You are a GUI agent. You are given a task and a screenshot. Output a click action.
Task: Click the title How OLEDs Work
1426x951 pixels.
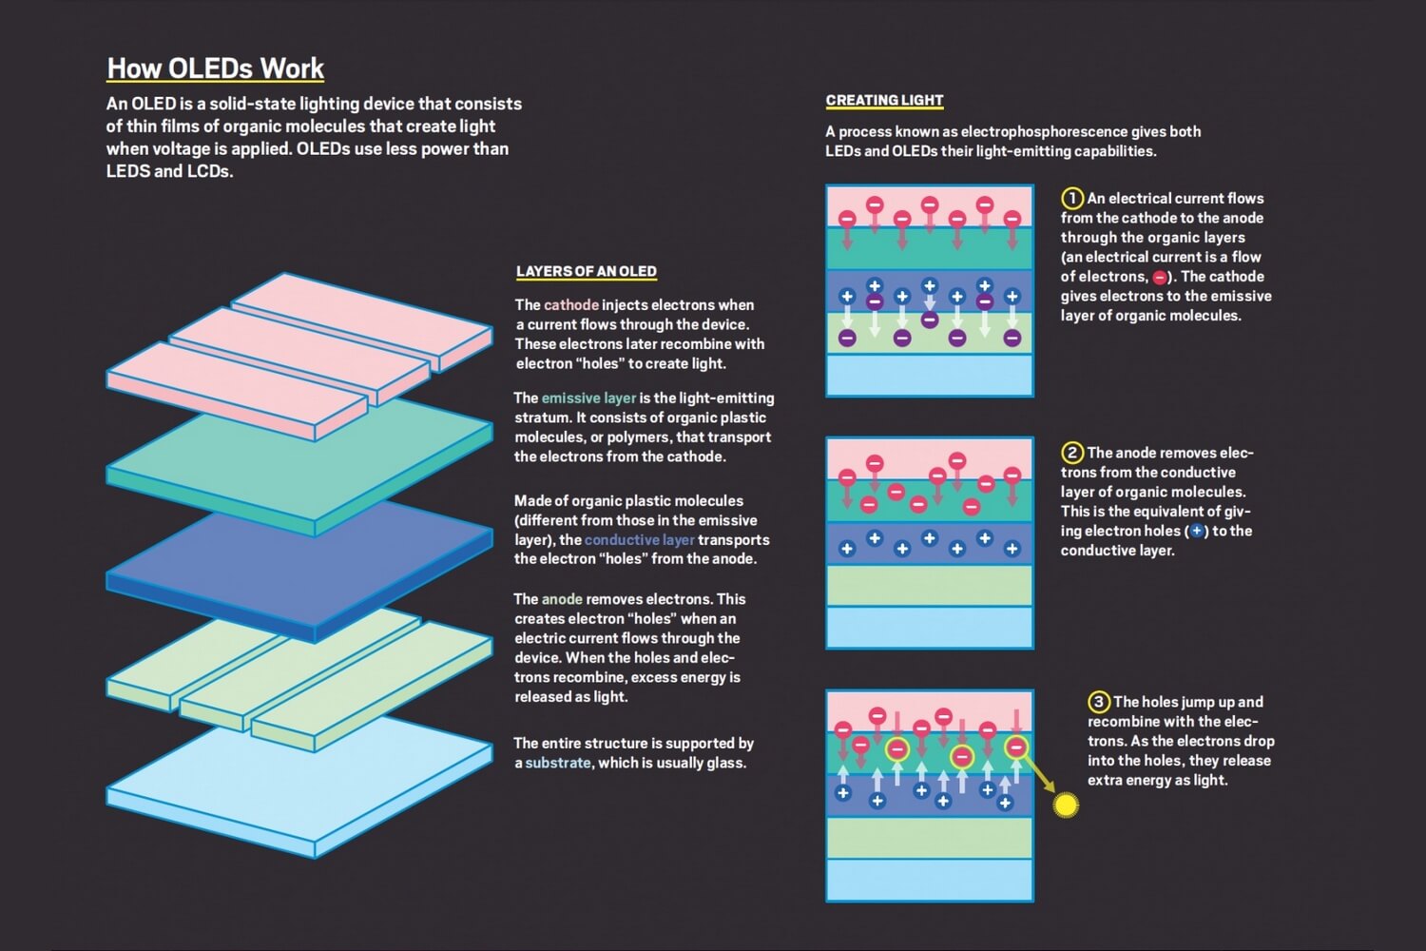click(x=216, y=68)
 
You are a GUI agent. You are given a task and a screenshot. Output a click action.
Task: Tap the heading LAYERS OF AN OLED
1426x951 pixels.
click(x=586, y=271)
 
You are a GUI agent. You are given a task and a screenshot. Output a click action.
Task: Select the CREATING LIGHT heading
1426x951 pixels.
click(x=884, y=100)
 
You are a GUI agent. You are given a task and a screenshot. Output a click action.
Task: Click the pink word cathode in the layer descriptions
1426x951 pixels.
click(x=571, y=305)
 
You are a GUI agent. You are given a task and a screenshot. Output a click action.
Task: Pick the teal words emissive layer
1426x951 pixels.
click(x=588, y=398)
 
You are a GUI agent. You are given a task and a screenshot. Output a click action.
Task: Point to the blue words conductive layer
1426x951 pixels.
click(x=639, y=539)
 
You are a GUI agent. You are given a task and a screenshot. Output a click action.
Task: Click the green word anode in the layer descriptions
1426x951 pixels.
click(x=562, y=599)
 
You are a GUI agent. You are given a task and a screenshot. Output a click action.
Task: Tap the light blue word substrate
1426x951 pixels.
click(x=558, y=763)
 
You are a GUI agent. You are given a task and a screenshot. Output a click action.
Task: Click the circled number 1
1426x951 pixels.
click(x=1072, y=198)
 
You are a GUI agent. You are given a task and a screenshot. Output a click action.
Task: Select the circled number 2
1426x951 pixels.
click(x=1072, y=453)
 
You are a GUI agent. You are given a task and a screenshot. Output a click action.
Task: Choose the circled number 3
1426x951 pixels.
click(x=1099, y=702)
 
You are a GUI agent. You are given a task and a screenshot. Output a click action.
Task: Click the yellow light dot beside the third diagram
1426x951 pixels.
click(x=1067, y=805)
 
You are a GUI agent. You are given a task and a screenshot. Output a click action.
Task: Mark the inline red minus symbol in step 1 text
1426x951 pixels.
click(x=1160, y=278)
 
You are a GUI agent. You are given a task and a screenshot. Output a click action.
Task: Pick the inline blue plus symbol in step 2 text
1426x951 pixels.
click(x=1197, y=532)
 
